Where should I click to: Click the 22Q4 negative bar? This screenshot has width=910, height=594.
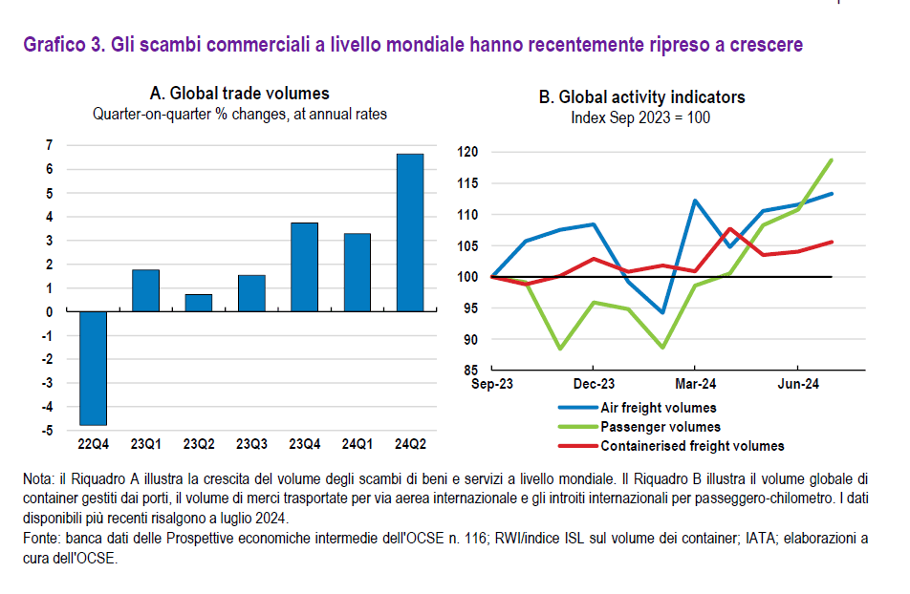click(x=93, y=368)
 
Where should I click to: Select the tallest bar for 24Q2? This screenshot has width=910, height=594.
click(x=410, y=232)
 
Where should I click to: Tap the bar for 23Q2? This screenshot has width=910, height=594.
click(x=199, y=303)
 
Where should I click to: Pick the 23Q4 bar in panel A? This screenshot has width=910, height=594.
click(x=304, y=266)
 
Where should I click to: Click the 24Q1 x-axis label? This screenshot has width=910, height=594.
click(x=357, y=444)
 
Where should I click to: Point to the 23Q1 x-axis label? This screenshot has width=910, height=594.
click(x=145, y=444)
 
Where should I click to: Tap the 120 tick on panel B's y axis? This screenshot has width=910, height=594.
click(x=467, y=152)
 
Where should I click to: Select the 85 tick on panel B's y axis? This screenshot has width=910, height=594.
click(x=470, y=371)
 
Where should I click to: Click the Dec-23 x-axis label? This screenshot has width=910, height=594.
click(x=594, y=385)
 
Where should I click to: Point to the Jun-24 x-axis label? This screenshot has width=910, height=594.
click(x=797, y=385)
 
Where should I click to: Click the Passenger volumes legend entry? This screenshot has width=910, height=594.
click(x=660, y=427)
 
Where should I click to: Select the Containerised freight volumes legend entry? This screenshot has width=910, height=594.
click(x=692, y=446)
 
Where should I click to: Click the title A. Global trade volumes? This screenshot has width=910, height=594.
click(x=240, y=94)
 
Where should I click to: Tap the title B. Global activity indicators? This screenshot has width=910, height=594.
click(x=641, y=97)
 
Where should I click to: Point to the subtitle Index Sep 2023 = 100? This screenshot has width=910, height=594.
click(x=640, y=118)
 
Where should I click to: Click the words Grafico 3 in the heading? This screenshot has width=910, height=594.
click(x=61, y=44)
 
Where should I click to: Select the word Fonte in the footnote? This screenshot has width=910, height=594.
click(x=39, y=540)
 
